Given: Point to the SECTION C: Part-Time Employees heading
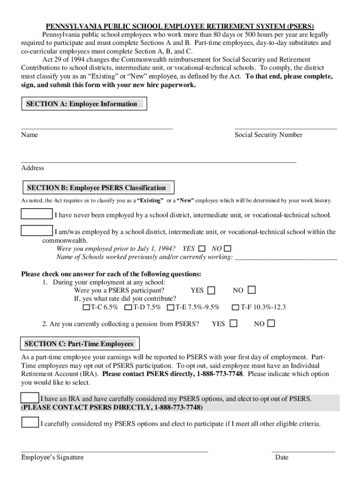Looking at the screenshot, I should (79, 344).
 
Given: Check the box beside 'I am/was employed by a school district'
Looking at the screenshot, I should (37, 231).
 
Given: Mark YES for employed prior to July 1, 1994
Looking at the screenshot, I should (202, 249).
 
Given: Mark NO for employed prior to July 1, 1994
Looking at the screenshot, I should (228, 249).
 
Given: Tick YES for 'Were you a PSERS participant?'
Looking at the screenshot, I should (211, 290).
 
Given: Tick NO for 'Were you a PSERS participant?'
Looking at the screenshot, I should (252, 290).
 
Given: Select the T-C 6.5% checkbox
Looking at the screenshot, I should (86, 307).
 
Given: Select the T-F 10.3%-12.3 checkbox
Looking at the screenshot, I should (235, 307).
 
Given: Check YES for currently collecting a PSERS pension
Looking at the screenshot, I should (233, 323).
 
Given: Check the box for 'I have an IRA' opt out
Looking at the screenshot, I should (30, 398).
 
